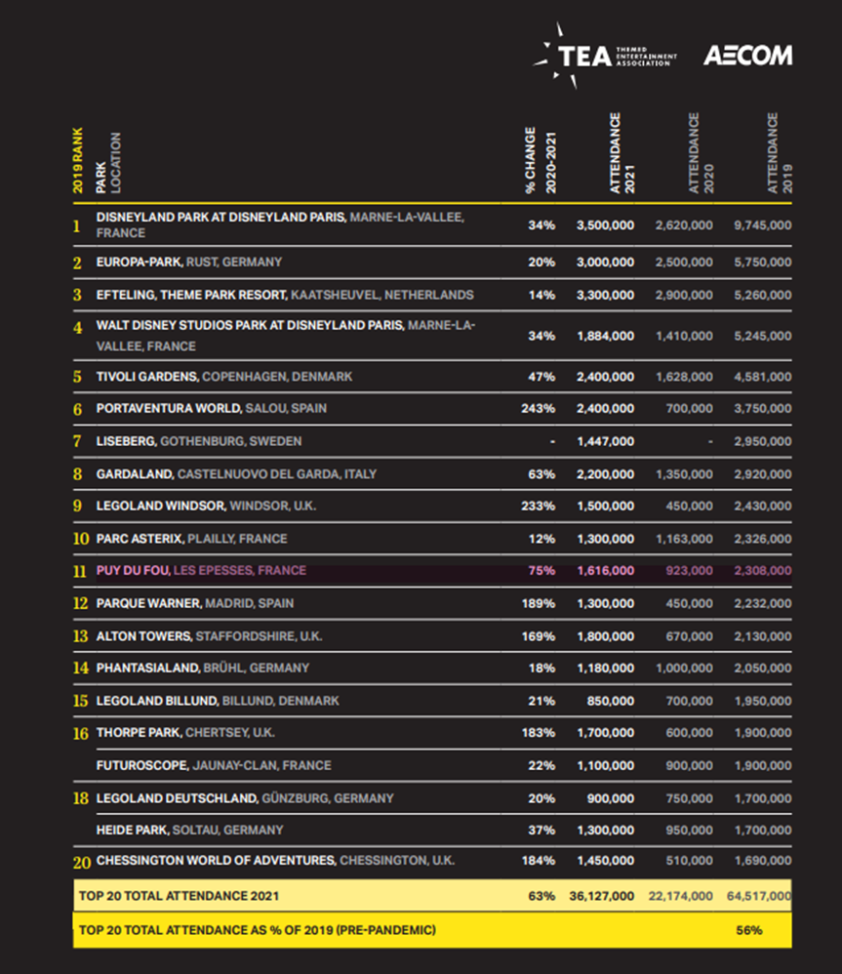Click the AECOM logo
pos(747,56)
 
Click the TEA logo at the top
pos(605,56)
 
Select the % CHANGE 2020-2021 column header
pos(541,160)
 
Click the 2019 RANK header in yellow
pos(78,160)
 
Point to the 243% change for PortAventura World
pos(538,409)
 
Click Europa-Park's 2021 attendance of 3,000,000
pos(606,263)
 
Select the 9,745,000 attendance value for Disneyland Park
pos(763,225)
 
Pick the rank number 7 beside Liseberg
pos(77,441)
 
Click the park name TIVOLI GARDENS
pos(147,377)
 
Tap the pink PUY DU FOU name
pos(133,570)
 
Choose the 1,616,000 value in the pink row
pos(606,571)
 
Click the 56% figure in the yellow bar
pos(749,930)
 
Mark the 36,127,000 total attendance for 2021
pos(602,896)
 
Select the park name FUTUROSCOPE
pos(142,765)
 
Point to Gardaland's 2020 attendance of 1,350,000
pos(684,474)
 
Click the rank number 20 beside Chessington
pos(82,862)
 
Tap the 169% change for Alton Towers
pos(539,636)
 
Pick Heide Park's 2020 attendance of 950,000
pos(689,831)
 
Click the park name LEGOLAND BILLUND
pos(157,701)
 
